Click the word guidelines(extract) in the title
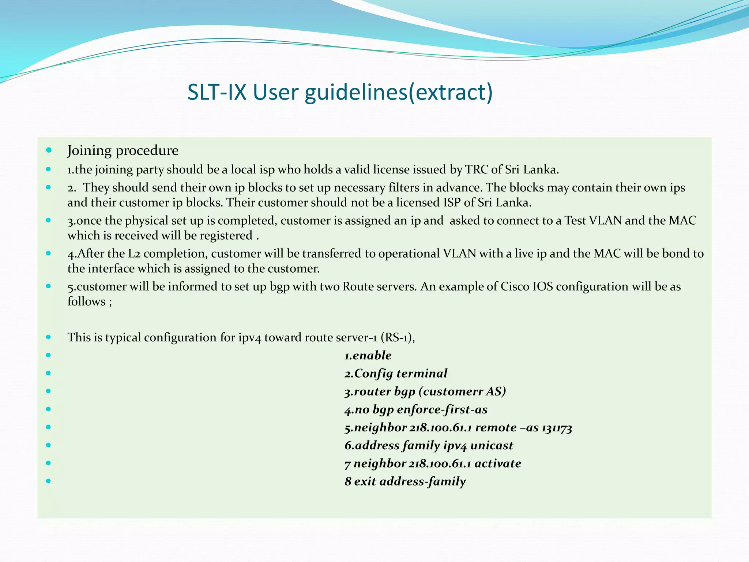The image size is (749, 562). click(399, 92)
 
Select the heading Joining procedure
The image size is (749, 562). click(123, 150)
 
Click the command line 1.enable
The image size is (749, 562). click(368, 355)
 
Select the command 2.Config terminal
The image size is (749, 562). click(396, 373)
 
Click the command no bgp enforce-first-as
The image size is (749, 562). click(416, 409)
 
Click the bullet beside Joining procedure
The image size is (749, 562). click(49, 150)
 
